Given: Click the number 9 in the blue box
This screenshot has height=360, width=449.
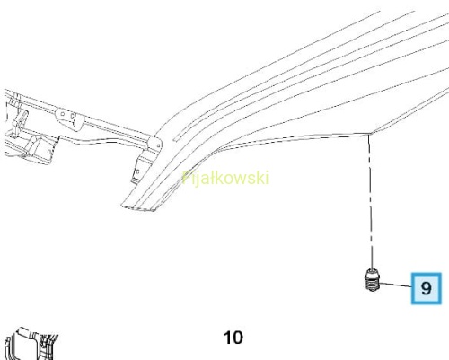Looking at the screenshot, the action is pyautogui.click(x=427, y=288).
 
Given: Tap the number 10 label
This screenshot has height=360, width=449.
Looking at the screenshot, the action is pyautogui.click(x=233, y=338).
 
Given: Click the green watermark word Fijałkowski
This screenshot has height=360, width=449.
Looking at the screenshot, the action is pyautogui.click(x=225, y=179).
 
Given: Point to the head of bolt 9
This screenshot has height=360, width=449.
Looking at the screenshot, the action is pyautogui.click(x=372, y=274).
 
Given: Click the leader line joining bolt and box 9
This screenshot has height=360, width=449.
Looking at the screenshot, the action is pyautogui.click(x=394, y=285).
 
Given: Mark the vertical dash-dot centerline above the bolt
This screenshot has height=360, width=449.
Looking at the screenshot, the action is pyautogui.click(x=370, y=201).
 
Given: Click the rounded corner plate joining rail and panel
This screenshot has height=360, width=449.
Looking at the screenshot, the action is pyautogui.click(x=154, y=144).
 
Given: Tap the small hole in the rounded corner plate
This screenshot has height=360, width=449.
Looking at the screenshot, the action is pyautogui.click(x=158, y=145).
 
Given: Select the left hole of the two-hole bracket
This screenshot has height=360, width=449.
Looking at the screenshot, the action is pyautogui.click(x=63, y=114).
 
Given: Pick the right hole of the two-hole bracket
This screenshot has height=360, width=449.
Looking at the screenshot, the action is pyautogui.click(x=72, y=116).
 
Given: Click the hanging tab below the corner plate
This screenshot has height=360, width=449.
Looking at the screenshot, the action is pyautogui.click(x=139, y=169).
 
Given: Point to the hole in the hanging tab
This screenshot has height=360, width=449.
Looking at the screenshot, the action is pyautogui.click(x=137, y=171).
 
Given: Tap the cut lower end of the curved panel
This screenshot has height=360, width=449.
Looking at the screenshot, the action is pyautogui.click(x=139, y=207).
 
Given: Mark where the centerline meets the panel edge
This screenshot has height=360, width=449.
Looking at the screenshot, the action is pyautogui.click(x=369, y=135).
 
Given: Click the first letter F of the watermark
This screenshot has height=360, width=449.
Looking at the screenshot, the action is pyautogui.click(x=186, y=178).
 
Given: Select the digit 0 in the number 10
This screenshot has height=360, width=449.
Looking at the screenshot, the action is pyautogui.click(x=237, y=338).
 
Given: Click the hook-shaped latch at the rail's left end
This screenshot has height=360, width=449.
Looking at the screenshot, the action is pyautogui.click(x=20, y=119).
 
